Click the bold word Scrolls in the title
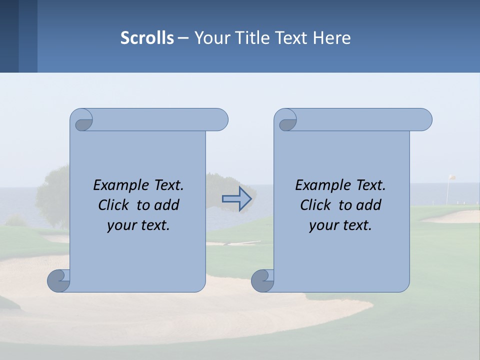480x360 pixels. click(147, 37)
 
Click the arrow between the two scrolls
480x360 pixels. click(236, 198)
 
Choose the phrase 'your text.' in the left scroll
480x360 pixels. click(138, 225)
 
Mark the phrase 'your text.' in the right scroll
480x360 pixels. click(340, 225)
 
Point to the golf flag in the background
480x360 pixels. click(451, 178)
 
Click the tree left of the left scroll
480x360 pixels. click(53, 195)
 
